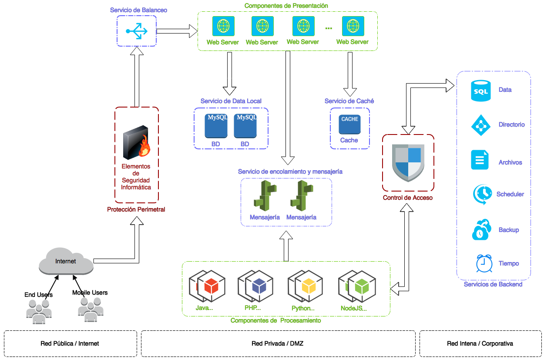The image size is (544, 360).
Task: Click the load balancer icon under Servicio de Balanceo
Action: (x=137, y=31)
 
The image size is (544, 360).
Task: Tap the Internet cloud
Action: (x=66, y=261)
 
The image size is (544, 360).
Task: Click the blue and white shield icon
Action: (x=408, y=162)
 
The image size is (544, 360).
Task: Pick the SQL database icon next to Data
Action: (x=480, y=91)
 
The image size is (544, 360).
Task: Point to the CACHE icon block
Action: (x=349, y=124)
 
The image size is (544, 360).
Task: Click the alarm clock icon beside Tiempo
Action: (x=484, y=263)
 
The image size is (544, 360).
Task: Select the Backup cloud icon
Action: (x=482, y=230)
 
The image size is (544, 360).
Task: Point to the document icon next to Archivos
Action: (x=480, y=160)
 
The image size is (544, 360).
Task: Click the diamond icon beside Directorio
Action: (x=480, y=125)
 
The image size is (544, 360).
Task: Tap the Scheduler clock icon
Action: (x=483, y=194)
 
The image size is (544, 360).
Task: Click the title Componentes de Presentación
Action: (x=286, y=6)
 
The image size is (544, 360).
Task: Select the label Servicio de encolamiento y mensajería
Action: (x=290, y=172)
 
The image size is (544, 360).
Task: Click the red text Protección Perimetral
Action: (x=136, y=209)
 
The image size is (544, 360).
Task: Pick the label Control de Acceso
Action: (x=407, y=198)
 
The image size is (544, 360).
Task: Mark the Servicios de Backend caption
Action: (x=493, y=284)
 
